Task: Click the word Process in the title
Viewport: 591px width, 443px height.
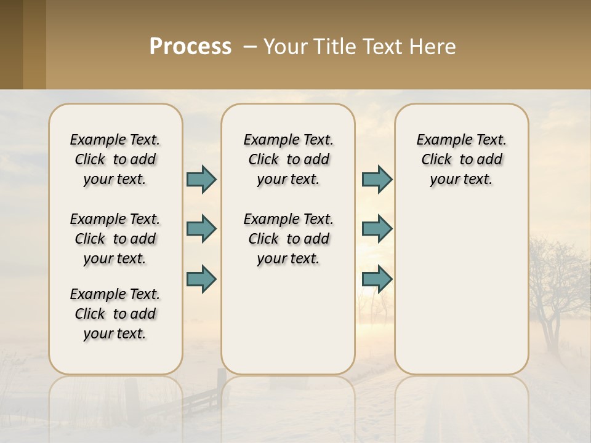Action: coord(190,47)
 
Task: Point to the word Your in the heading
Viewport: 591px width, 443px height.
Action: coord(286,47)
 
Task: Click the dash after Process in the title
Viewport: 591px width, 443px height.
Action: coord(250,47)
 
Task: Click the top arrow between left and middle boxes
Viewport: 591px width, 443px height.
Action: coord(201,180)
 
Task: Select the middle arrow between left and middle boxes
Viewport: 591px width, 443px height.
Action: coord(201,229)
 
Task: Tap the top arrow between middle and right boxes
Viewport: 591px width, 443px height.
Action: coord(377,180)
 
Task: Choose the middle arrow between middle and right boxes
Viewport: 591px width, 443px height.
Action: coord(377,229)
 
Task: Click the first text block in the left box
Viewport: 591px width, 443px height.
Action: coord(115,159)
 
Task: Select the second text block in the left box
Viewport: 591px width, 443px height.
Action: coord(115,239)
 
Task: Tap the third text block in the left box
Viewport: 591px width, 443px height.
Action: coord(115,314)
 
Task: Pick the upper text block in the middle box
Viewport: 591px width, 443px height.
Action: coord(288,159)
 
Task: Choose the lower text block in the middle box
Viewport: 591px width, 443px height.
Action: coord(288,239)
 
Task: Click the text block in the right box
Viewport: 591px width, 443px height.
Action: coord(461,159)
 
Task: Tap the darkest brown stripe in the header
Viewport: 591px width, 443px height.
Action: coord(11,44)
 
